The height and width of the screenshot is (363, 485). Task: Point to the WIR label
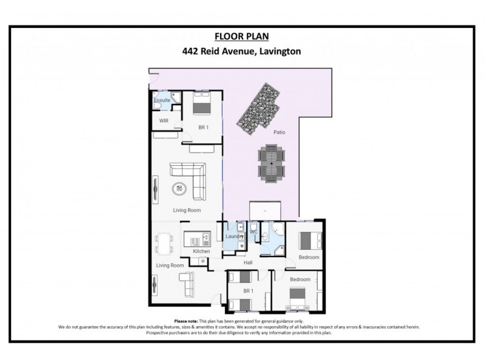(163, 120)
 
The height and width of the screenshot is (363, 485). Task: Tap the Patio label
(279, 131)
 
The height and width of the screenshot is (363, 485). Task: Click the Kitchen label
(201, 251)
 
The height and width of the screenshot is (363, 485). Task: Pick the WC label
(255, 231)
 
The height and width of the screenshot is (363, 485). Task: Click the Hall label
(247, 263)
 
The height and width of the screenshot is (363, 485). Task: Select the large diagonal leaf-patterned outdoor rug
(257, 108)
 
